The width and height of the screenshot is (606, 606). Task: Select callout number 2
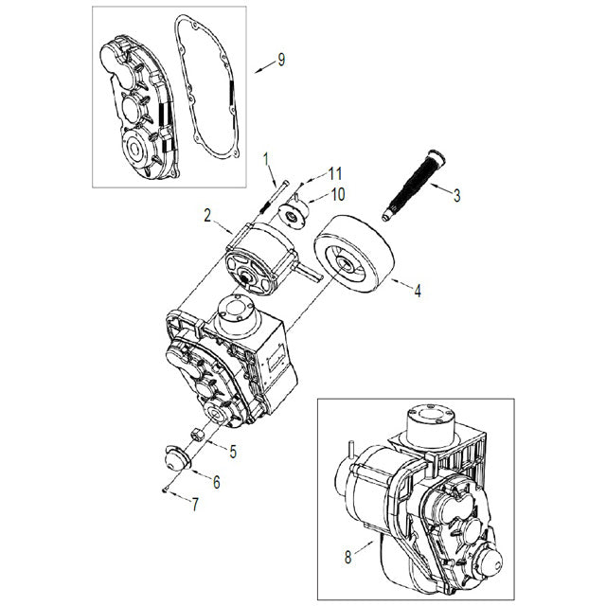(x=205, y=217)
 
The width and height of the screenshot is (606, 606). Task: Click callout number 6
(x=216, y=482)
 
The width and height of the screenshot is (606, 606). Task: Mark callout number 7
(x=196, y=505)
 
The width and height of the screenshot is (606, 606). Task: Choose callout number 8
(x=348, y=557)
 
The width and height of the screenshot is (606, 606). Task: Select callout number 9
(x=280, y=61)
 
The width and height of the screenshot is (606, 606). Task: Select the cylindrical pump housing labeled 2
(x=258, y=260)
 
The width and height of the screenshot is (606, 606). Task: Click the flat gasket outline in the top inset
(x=180, y=28)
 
